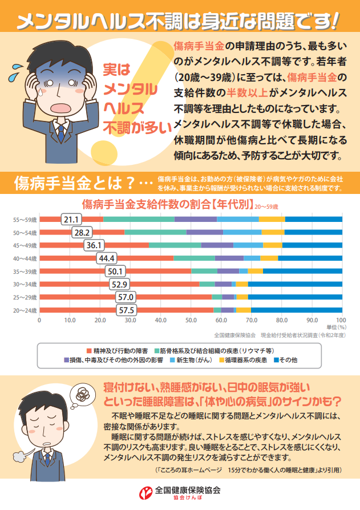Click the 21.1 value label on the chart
tap(72, 220)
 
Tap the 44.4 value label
tap(108, 258)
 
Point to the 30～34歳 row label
tap(26, 284)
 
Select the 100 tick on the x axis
tap(341, 320)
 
